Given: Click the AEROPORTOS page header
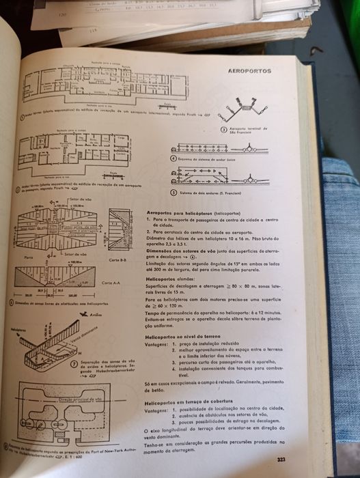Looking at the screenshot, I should coord(249,71).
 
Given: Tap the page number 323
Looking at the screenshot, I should coord(281,460).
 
